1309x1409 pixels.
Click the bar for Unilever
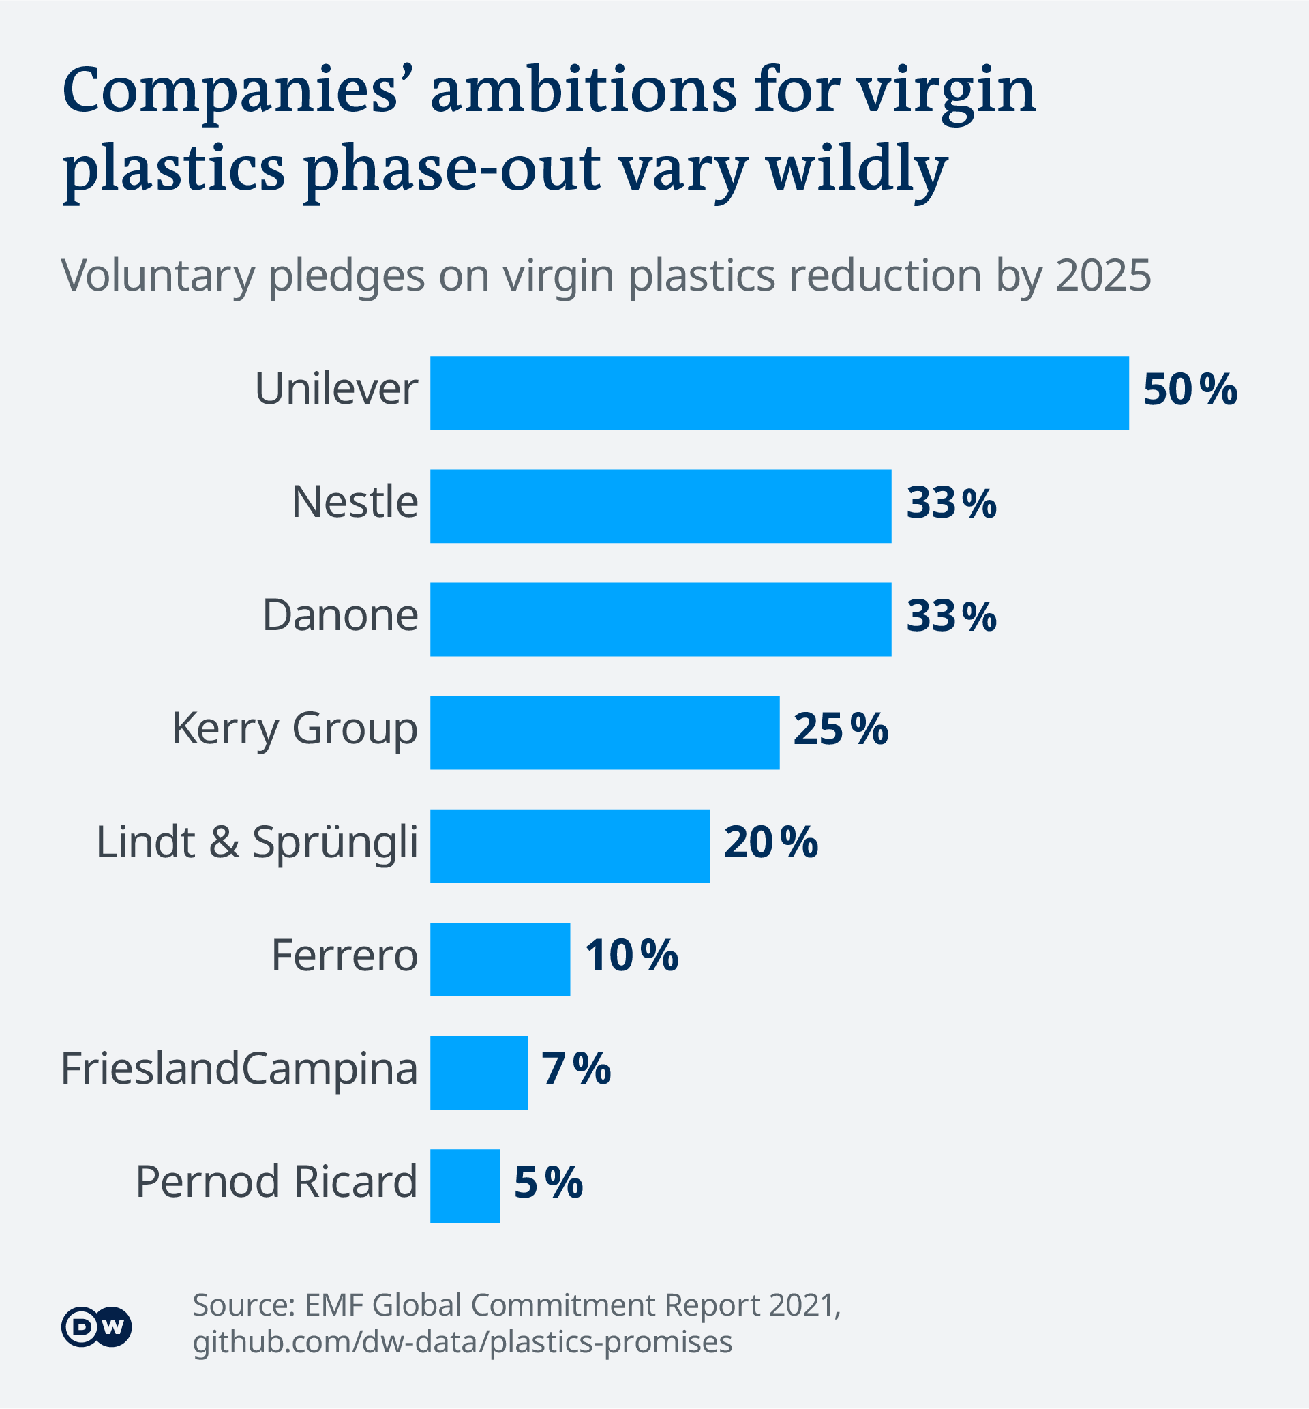click(779, 392)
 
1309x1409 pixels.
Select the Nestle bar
click(660, 506)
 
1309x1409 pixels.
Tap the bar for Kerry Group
click(604, 732)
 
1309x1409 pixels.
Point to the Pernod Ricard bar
click(465, 1186)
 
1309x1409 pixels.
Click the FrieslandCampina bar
click(479, 1073)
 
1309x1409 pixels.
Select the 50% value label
click(1190, 390)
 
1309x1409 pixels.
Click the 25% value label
click(840, 730)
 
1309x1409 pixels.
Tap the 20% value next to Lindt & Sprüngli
click(770, 843)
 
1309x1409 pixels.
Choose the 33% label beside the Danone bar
click(951, 617)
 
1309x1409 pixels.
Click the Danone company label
click(340, 615)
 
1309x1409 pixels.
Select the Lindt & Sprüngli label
click(256, 843)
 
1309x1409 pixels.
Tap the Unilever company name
click(335, 389)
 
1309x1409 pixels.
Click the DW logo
click(96, 1326)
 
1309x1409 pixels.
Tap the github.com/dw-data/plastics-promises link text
click(462, 1341)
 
